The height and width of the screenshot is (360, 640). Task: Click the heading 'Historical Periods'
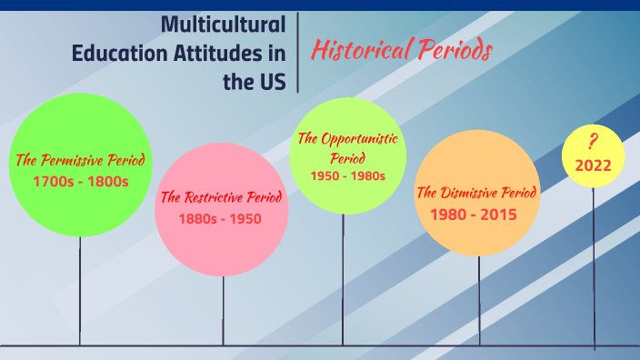point(401,51)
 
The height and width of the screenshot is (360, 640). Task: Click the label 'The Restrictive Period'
point(221,196)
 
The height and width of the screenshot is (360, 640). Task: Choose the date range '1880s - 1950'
point(221,218)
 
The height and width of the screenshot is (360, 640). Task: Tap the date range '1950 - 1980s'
point(347,175)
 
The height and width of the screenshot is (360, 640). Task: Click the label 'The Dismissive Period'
point(477,193)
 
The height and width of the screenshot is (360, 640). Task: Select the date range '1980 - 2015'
point(477,215)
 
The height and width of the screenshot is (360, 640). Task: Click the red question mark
point(593,142)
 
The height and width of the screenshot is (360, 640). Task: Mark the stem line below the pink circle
point(223,309)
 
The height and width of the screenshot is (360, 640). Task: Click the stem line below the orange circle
point(479,300)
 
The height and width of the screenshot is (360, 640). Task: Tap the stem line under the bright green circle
point(80,291)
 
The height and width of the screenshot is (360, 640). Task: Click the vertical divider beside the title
point(297,53)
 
